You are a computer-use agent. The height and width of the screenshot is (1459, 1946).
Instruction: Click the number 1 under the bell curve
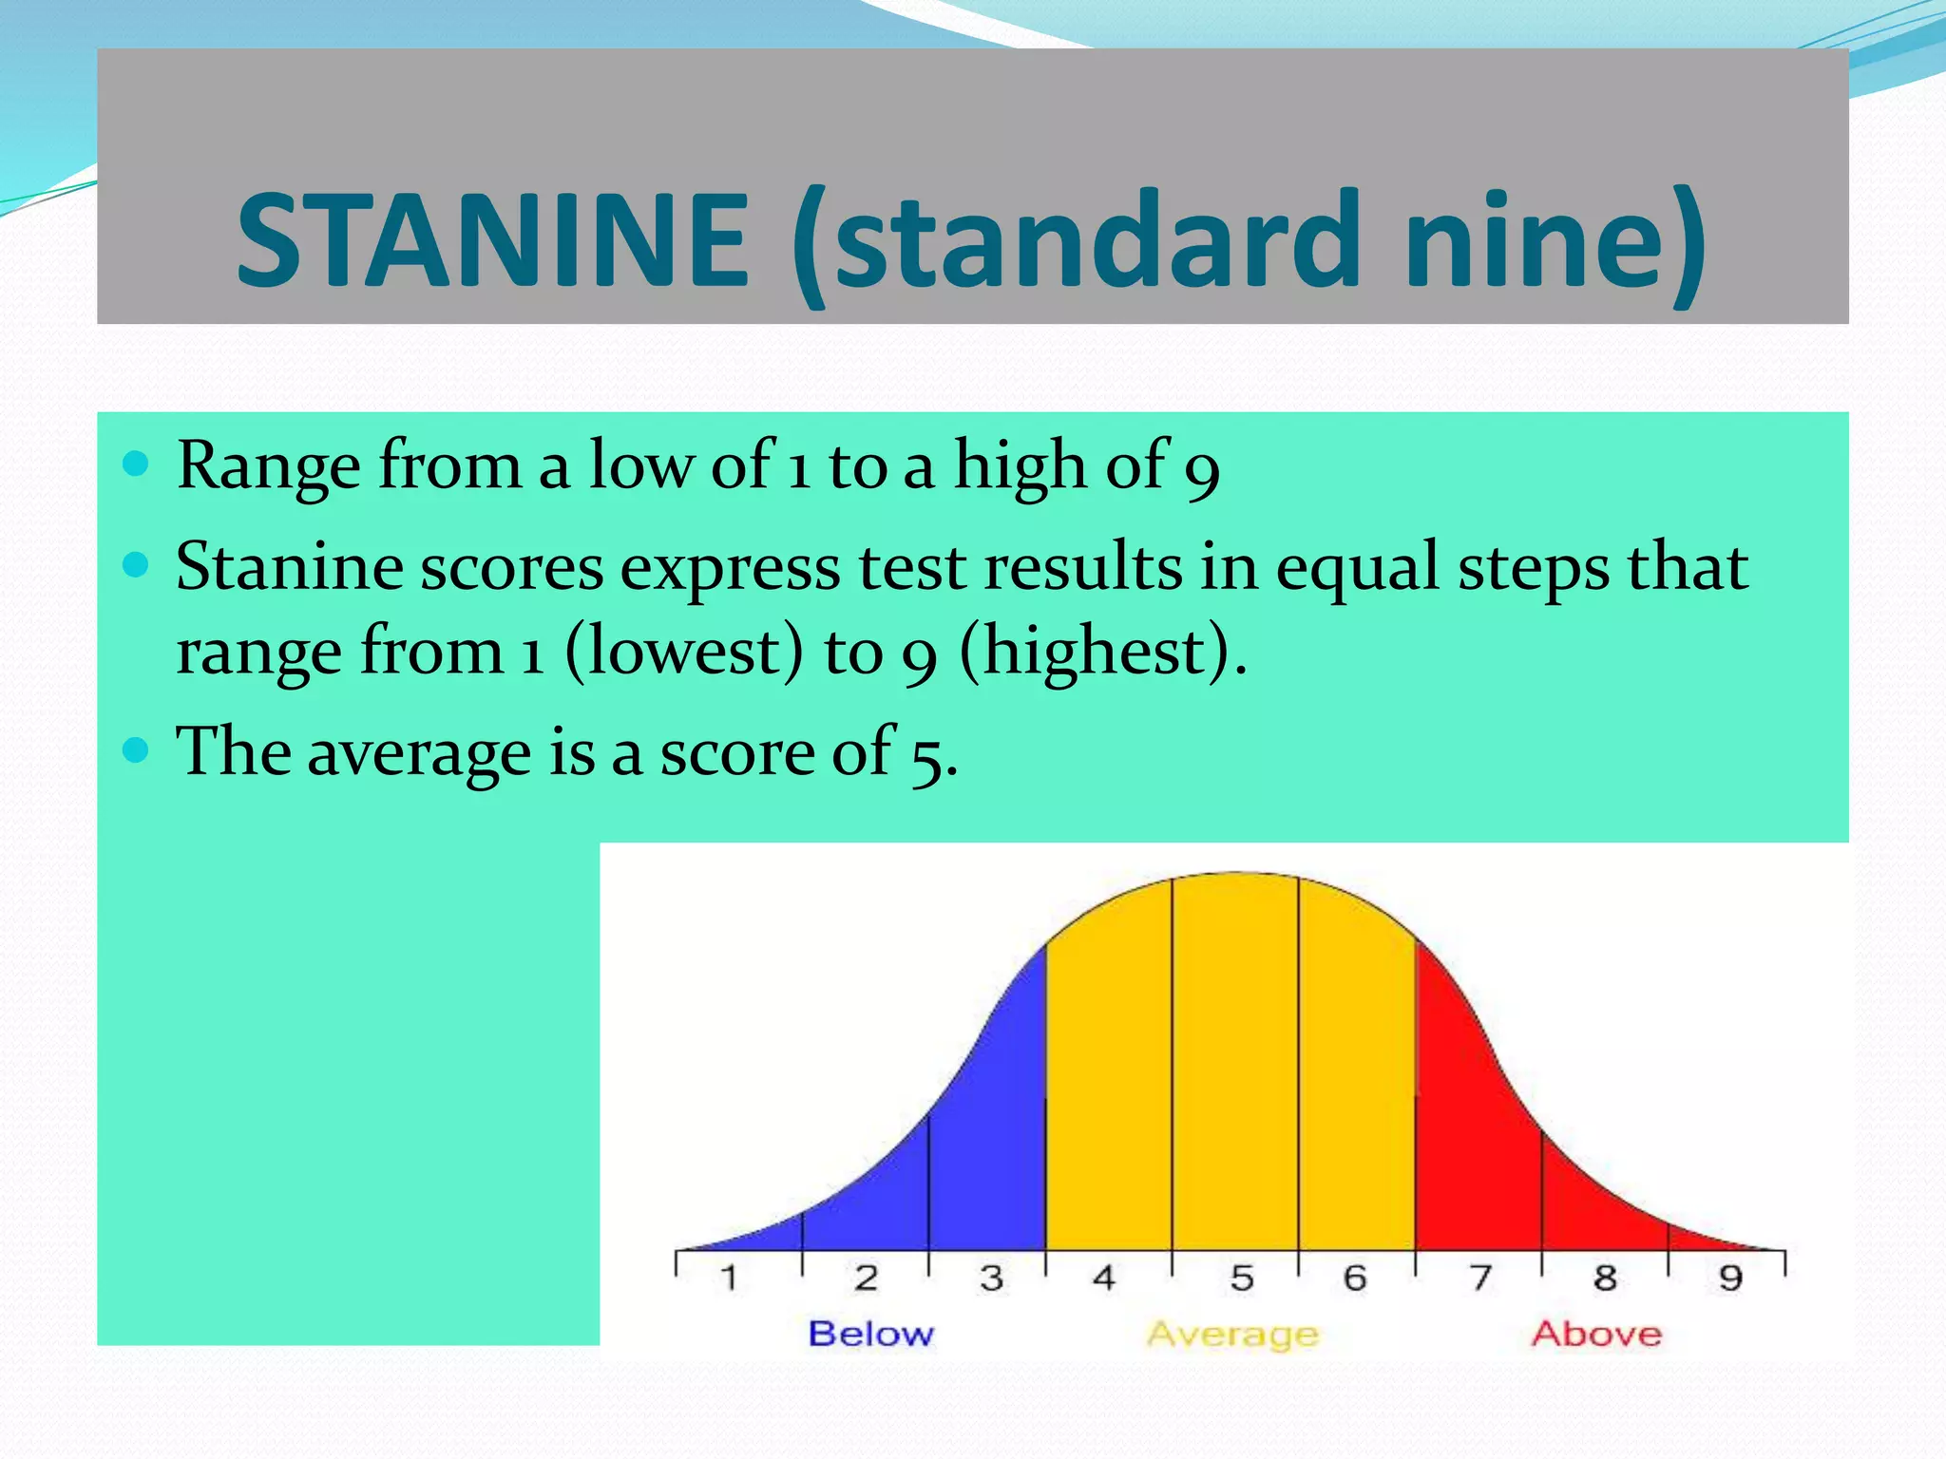pos(729,1278)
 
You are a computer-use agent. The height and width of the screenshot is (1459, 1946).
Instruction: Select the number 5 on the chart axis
pos(1241,1278)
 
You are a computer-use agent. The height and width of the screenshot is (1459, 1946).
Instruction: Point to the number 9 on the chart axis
pos(1730,1278)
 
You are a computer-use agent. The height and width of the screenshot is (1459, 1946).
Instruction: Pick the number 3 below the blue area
pos(991,1278)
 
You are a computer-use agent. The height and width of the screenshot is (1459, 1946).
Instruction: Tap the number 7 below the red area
pos(1480,1278)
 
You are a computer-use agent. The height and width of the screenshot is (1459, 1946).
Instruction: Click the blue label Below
pos(871,1334)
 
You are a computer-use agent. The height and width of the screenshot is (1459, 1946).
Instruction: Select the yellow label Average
pos(1233,1335)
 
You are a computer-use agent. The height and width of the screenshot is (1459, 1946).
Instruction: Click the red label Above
pos(1596,1334)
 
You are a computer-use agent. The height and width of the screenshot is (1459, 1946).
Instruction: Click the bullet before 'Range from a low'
pos(137,464)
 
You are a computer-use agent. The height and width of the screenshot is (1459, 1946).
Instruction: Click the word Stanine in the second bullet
pos(289,567)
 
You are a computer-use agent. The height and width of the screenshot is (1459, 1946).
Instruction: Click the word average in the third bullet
pos(419,753)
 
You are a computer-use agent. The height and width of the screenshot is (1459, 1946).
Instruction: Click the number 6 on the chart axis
pos(1354,1278)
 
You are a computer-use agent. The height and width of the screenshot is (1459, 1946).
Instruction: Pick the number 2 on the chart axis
pos(865,1278)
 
